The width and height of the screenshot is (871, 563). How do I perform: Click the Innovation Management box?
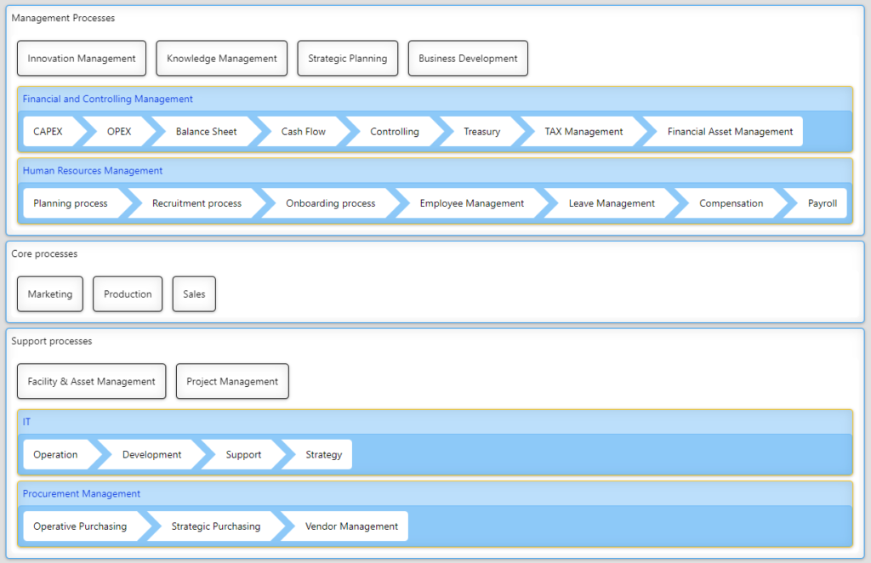click(82, 59)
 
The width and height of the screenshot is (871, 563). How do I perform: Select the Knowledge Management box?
click(222, 59)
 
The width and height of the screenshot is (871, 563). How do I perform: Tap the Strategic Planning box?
click(348, 59)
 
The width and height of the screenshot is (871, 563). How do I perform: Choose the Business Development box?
click(468, 59)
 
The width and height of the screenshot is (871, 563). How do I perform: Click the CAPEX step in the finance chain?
click(48, 132)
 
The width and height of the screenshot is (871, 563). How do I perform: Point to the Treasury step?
click(481, 132)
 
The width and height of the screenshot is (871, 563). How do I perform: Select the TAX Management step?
click(584, 132)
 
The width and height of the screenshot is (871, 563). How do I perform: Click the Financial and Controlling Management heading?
click(108, 99)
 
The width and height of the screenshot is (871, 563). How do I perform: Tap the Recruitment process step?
click(196, 203)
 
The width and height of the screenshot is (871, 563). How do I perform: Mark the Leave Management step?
click(612, 203)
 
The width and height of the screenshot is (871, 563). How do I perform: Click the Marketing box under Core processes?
click(50, 294)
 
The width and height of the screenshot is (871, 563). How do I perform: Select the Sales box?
click(194, 294)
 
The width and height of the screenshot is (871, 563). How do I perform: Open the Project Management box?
click(232, 382)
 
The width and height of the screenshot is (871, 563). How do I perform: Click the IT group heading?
click(26, 422)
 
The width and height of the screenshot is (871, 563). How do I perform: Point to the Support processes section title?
click(52, 341)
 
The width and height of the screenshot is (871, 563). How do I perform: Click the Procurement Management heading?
click(82, 493)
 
